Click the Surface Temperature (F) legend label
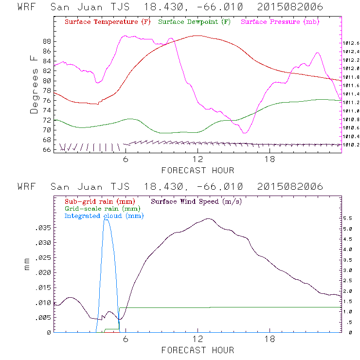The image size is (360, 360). pyautogui.click(x=108, y=22)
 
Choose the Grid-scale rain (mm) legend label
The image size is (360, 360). pyautogui.click(x=101, y=208)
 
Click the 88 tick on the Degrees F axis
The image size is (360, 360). pyautogui.click(x=47, y=42)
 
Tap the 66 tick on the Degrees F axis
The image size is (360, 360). pyautogui.click(x=47, y=150)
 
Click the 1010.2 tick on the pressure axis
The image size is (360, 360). pyautogui.click(x=351, y=145)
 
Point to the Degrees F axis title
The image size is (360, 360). pyautogui.click(x=34, y=84)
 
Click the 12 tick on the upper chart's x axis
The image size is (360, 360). pyautogui.click(x=198, y=160)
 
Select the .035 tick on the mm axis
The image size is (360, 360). pyautogui.click(x=43, y=227)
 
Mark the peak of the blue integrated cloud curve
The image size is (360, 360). pyautogui.click(x=106, y=219)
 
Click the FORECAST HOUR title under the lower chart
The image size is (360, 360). pyautogui.click(x=198, y=350)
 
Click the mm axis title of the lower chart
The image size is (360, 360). pyautogui.click(x=27, y=266)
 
